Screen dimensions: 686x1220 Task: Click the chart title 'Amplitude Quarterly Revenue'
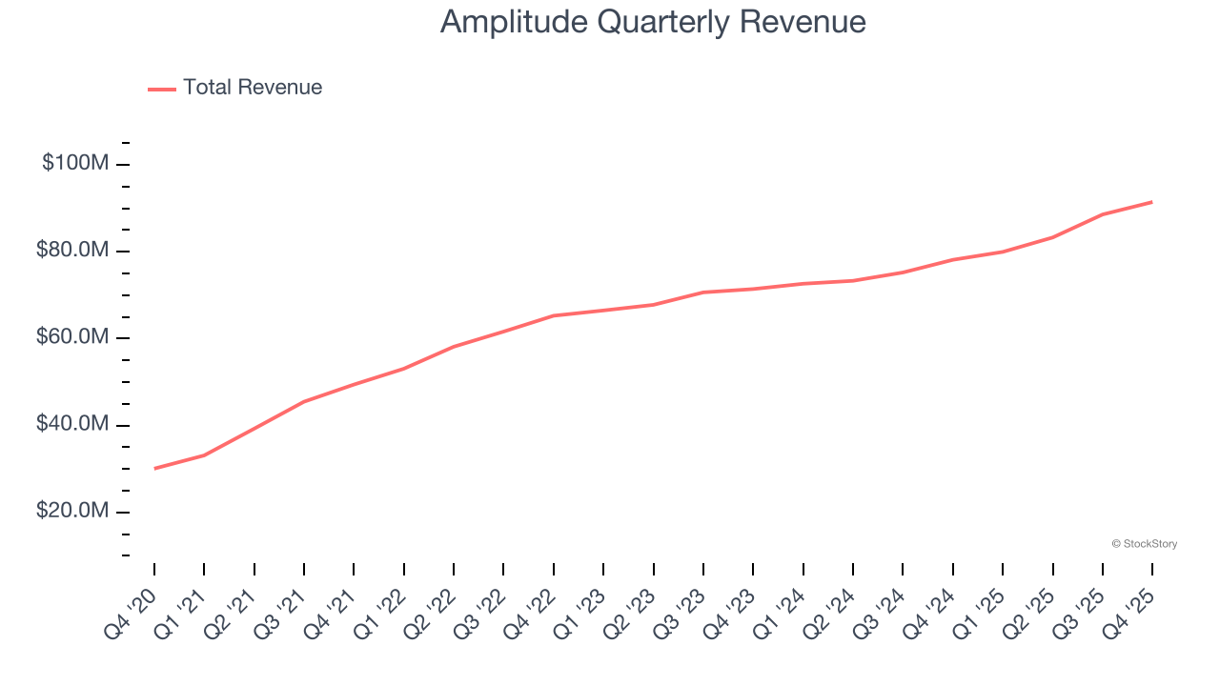(653, 22)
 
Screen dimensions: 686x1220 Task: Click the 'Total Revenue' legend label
(253, 88)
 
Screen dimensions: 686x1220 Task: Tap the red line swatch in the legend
(162, 89)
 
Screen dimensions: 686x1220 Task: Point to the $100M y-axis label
(75, 164)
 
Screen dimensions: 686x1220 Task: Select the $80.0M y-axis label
(73, 251)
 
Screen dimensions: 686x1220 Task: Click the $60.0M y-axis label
(73, 338)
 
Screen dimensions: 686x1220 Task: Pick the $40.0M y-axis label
(73, 425)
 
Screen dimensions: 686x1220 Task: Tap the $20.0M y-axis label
(73, 512)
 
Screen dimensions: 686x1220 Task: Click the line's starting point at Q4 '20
(154, 468)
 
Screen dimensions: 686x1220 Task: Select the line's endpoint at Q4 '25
(1152, 202)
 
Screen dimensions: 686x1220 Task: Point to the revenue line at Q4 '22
(554, 315)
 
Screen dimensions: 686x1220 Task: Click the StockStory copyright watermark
(1144, 544)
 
